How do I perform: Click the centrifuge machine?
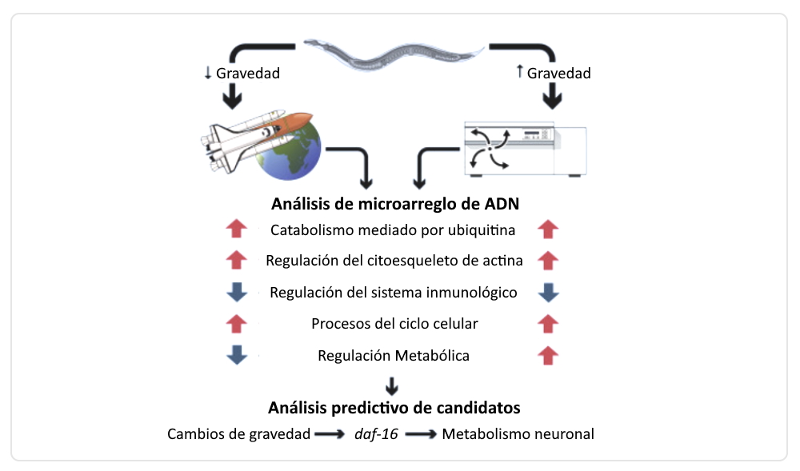click(x=525, y=150)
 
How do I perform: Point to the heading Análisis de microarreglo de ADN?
click(x=395, y=204)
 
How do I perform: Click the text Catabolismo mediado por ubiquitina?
click(x=392, y=231)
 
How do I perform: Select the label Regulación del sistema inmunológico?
click(x=393, y=293)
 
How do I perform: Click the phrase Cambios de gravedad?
click(x=238, y=434)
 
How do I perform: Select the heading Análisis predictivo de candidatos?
click(x=394, y=408)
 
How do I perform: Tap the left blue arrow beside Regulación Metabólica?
click(x=237, y=355)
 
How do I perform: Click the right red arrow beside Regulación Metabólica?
click(x=548, y=355)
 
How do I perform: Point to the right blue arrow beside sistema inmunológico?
click(x=548, y=293)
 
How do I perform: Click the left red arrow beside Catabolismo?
click(x=237, y=230)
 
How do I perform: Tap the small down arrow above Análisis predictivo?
click(x=392, y=385)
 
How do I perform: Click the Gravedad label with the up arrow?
click(x=554, y=74)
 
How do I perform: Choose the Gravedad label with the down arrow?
click(x=242, y=74)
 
